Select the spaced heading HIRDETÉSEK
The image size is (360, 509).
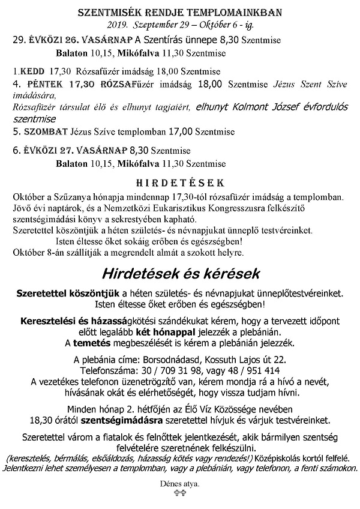click(x=180, y=182)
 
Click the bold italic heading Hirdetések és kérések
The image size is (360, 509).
click(x=180, y=274)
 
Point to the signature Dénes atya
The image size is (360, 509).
click(x=179, y=482)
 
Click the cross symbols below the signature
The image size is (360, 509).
click(x=179, y=492)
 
